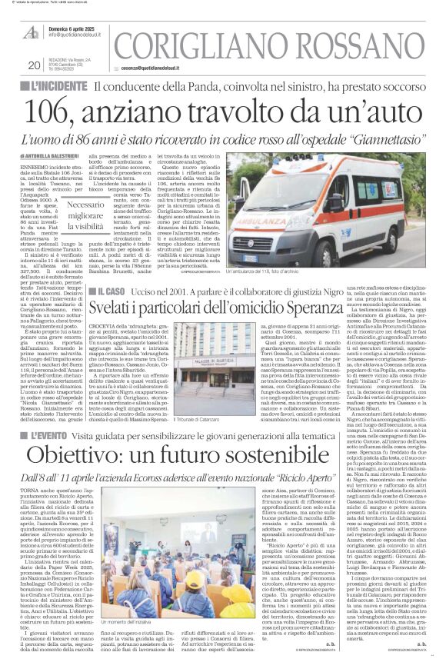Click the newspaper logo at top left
[x=32, y=32]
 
